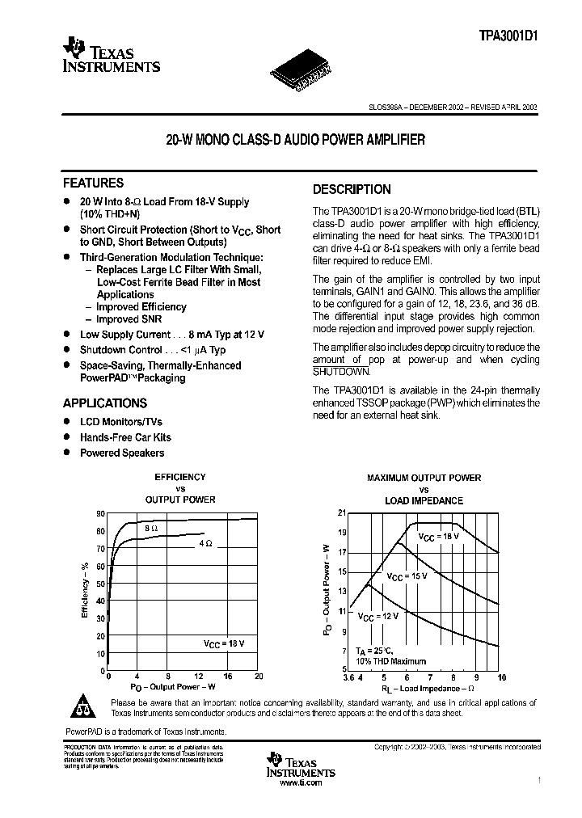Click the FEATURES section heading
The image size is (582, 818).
click(94, 183)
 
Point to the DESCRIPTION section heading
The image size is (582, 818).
click(352, 190)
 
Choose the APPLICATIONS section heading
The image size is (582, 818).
click(105, 403)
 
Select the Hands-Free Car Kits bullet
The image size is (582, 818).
click(125, 437)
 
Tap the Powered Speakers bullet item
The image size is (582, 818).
click(121, 453)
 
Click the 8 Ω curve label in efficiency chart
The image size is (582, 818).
click(151, 527)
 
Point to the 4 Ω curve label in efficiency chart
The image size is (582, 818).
click(205, 544)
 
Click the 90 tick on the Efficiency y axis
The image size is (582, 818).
click(100, 514)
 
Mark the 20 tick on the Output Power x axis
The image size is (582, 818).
click(259, 676)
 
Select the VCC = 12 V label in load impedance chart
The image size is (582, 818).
click(377, 616)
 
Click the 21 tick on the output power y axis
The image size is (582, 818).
click(341, 513)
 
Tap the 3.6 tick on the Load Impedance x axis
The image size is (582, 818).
click(348, 677)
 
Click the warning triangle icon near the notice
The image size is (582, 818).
click(83, 707)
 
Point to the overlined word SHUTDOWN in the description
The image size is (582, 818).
click(341, 371)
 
